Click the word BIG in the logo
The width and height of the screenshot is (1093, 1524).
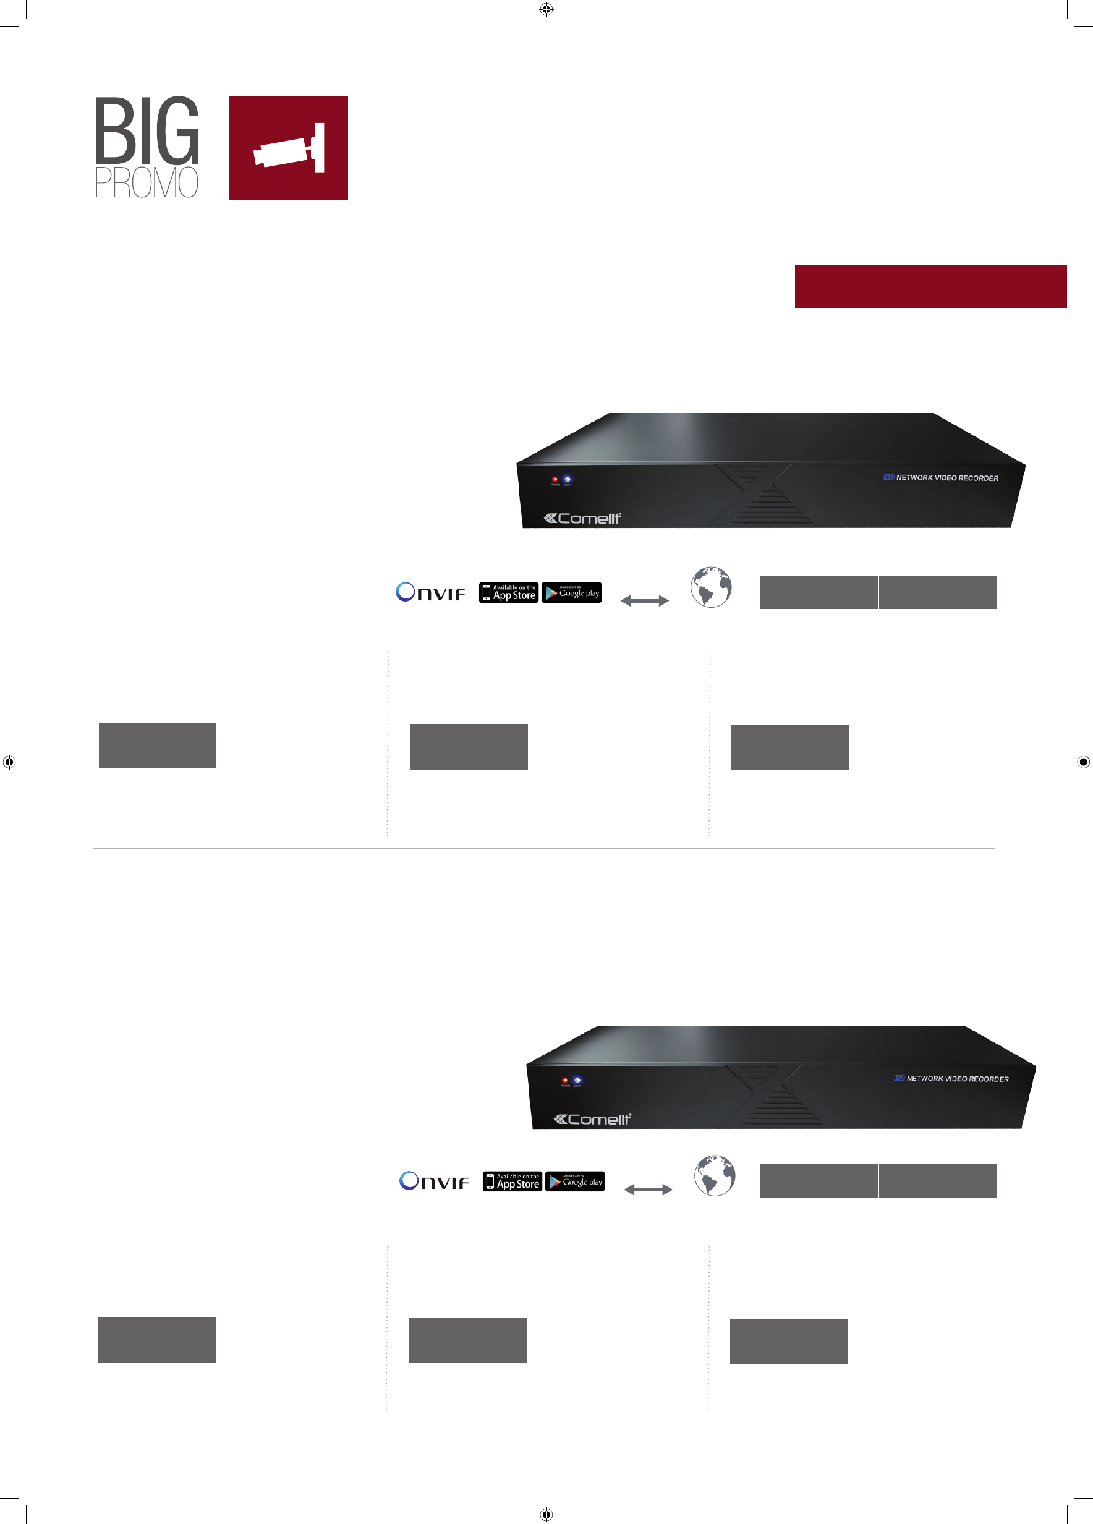147,130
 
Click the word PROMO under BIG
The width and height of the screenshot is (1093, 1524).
147,182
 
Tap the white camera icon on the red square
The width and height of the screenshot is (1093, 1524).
289,148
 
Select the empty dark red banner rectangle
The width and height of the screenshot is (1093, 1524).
930,286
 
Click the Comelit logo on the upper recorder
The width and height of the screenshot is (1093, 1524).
582,518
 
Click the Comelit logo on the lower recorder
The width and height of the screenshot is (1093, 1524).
592,1119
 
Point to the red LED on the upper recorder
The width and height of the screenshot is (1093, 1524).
555,479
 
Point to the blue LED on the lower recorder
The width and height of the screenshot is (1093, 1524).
577,1080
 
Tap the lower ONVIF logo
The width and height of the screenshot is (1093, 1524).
434,1181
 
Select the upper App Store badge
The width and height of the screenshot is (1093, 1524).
509,593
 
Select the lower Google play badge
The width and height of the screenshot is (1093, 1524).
575,1181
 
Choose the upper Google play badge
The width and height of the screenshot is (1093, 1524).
572,593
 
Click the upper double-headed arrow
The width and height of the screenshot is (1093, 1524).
645,601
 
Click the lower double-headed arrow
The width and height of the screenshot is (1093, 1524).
649,1190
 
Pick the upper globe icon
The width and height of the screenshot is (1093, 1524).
712,587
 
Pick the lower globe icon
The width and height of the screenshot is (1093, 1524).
715,1176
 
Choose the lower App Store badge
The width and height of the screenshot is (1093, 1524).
512,1181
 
